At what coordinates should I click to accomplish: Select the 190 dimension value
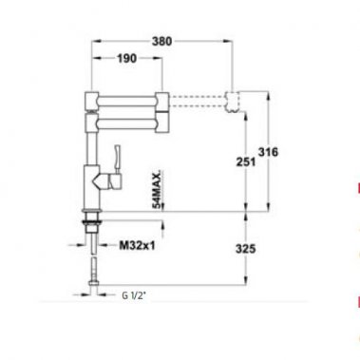click(x=126, y=59)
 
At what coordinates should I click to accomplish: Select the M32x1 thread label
click(x=138, y=245)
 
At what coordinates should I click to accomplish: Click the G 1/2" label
click(x=139, y=294)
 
